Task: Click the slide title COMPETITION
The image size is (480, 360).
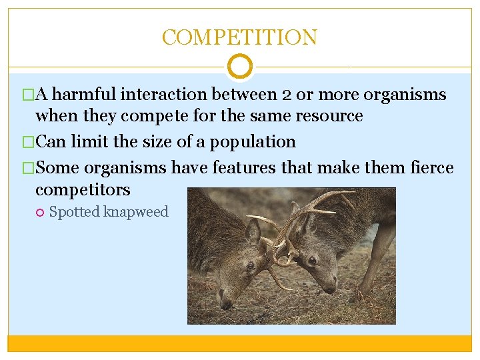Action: [x=239, y=37]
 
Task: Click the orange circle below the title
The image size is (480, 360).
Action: [x=240, y=67]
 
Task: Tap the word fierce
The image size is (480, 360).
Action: [x=428, y=168]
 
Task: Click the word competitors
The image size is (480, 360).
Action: [x=83, y=189]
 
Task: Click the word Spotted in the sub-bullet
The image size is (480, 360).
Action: [x=74, y=212]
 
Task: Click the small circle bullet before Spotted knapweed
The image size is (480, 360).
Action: [x=40, y=212]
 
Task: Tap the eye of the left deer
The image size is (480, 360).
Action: [x=249, y=266]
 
